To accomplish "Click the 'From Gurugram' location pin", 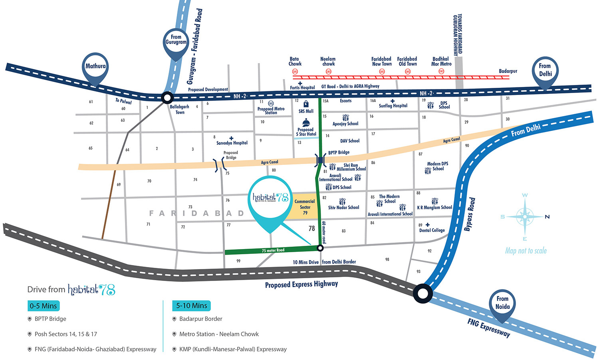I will tap(176, 40).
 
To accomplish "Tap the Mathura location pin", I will tap(95, 67).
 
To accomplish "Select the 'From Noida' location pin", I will tap(502, 303).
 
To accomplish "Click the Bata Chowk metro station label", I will tap(295, 61).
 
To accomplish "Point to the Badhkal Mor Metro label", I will tap(441, 61).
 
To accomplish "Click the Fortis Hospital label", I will tap(302, 87).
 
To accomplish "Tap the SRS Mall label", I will tap(306, 111).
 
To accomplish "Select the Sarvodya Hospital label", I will tap(232, 143).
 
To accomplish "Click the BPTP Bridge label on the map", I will tap(339, 152).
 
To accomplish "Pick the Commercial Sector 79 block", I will tap(305, 207).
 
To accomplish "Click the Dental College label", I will tap(432, 230).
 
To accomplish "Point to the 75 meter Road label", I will tap(273, 250).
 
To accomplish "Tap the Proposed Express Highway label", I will tap(301, 284).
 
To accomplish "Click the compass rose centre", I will tap(525, 217).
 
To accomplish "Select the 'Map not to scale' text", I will tap(526, 251).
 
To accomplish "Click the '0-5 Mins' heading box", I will tap(43, 306).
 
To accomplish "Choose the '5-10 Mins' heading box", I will tap(191, 306).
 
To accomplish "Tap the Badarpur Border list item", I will tap(200, 319).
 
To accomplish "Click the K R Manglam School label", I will tap(434, 208).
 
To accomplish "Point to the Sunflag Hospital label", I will tap(393, 106).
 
